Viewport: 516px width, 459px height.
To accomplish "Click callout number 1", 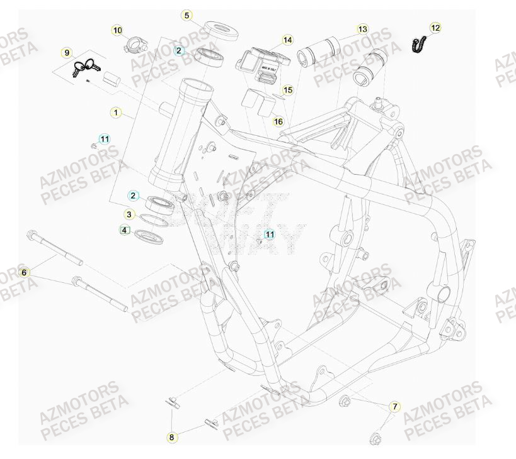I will [x=116, y=113].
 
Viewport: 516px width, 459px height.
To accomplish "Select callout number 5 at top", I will [x=186, y=15].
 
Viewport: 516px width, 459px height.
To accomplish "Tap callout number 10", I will [x=117, y=30].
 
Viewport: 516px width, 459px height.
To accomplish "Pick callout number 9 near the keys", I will [x=68, y=52].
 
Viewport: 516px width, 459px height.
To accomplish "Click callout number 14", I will [x=287, y=40].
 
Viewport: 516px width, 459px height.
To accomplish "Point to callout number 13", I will [x=362, y=29].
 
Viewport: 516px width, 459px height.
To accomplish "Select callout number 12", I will [x=436, y=28].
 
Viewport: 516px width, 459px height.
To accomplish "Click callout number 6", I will [x=25, y=272].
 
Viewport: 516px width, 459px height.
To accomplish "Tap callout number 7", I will [x=395, y=407].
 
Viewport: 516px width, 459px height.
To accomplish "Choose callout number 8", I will [x=171, y=436].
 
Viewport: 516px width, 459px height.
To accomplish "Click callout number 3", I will [x=129, y=214].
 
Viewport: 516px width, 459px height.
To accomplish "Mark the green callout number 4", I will [x=125, y=231].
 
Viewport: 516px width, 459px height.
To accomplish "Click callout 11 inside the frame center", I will [x=270, y=235].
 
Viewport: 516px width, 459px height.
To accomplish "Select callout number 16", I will [x=278, y=121].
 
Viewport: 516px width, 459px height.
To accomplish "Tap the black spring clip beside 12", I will [x=416, y=45].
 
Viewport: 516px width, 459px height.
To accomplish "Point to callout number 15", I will [x=287, y=91].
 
